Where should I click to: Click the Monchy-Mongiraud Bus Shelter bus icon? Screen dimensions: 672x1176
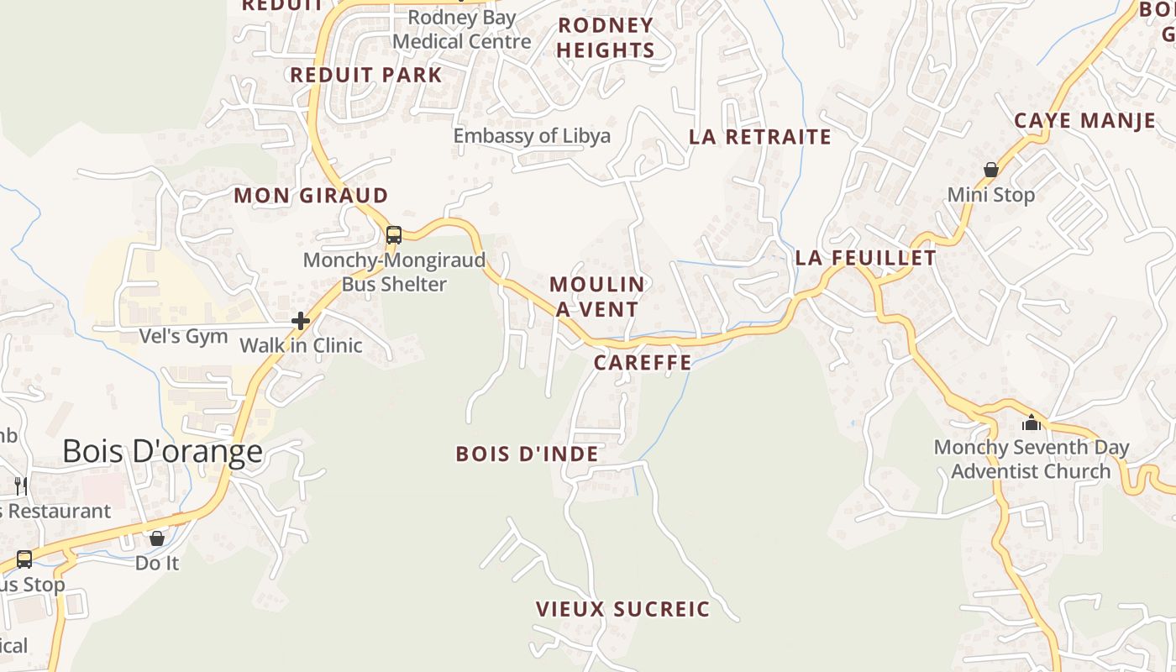coord(394,235)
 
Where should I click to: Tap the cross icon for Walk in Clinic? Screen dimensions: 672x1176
coord(301,320)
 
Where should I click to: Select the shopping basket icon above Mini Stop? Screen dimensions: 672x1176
coord(991,170)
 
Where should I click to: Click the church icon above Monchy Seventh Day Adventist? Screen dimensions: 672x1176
coord(1032,422)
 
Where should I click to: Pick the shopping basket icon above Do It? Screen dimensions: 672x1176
coord(157,538)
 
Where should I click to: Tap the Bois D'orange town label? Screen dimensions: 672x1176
coord(162,452)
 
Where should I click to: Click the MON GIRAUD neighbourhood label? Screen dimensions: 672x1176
coord(311,196)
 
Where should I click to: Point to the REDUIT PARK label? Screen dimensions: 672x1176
coord(365,75)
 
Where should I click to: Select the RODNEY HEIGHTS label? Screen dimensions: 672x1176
coord(605,38)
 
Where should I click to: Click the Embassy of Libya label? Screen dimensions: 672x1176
coord(532,136)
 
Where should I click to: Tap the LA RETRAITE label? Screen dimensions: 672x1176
coord(760,137)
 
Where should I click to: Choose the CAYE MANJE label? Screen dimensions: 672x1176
coord(1084,121)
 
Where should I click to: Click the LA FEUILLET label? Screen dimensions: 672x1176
coord(865,258)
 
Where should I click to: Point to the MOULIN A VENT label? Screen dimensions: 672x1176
coord(597,297)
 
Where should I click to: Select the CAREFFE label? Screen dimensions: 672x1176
coord(643,363)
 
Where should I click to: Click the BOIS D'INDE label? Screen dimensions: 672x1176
coord(527,454)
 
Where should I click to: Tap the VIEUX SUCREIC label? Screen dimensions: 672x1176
coord(622,609)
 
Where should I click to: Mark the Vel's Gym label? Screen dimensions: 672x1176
coord(183,337)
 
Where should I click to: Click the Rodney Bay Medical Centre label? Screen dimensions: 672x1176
coord(462,29)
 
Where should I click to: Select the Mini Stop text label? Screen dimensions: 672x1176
coord(991,195)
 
